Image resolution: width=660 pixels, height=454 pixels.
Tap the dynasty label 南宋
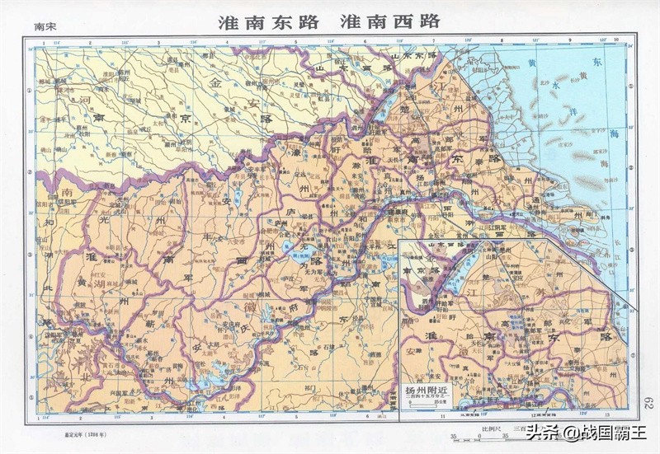[x=47, y=28]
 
